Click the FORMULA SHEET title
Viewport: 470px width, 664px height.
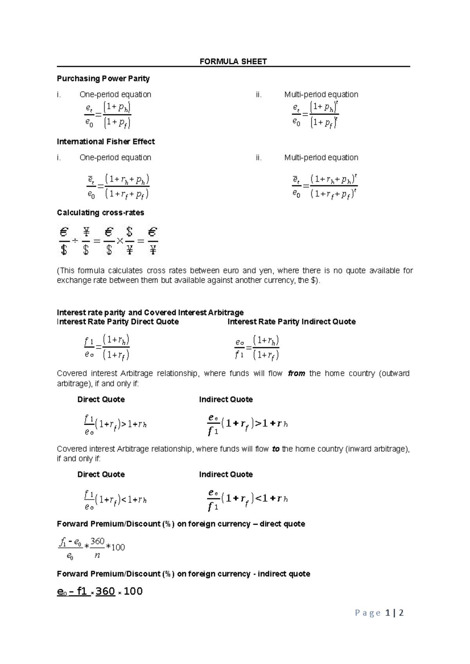(x=233, y=61)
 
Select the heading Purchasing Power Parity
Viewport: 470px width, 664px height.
(x=103, y=79)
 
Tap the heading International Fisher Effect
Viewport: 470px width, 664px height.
(x=106, y=142)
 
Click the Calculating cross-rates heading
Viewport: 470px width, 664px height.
(x=100, y=213)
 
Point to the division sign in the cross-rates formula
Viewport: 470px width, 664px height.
(x=75, y=241)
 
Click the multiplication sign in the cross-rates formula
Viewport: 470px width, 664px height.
(x=120, y=241)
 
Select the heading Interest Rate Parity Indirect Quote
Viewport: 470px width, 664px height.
(x=291, y=322)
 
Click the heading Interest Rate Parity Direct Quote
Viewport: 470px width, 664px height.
(x=117, y=322)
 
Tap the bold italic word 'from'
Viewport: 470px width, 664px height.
(x=296, y=373)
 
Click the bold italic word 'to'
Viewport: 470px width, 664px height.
(x=276, y=449)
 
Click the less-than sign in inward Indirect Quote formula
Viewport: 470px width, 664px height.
(x=258, y=499)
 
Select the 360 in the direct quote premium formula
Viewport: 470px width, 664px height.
(x=97, y=542)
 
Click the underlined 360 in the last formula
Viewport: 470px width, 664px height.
(x=105, y=592)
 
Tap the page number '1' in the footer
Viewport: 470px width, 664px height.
(x=387, y=613)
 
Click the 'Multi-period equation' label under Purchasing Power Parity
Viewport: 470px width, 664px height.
(x=321, y=95)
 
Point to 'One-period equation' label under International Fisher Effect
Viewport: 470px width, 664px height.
(x=115, y=158)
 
